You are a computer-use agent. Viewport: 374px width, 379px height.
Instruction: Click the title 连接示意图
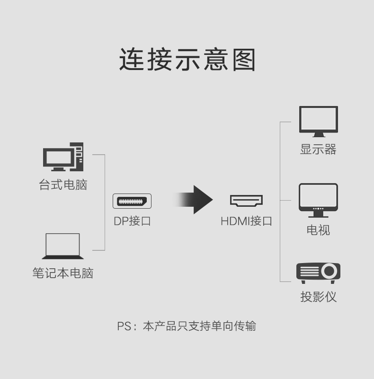(187, 60)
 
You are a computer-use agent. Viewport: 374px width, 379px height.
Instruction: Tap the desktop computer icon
(63, 157)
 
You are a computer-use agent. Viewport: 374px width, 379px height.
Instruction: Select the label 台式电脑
(63, 185)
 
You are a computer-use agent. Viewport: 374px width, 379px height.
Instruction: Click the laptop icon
(63, 247)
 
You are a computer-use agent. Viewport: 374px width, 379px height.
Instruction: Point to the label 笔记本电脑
(63, 273)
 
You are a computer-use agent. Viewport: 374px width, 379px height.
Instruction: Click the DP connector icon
(132, 201)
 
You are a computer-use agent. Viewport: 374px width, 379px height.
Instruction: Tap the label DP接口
(132, 221)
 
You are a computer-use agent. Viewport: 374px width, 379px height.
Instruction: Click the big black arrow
(194, 200)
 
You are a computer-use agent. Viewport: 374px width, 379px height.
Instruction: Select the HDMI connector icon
(246, 201)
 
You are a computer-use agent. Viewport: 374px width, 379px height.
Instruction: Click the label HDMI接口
(246, 221)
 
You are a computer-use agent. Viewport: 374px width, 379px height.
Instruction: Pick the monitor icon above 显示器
(318, 121)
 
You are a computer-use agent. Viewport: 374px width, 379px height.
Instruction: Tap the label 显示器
(318, 150)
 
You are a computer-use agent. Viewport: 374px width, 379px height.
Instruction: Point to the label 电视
(318, 230)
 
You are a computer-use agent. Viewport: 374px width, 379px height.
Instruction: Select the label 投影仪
(318, 297)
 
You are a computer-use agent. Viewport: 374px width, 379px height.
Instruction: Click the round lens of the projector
(329, 272)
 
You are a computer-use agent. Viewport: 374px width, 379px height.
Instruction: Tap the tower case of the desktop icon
(79, 156)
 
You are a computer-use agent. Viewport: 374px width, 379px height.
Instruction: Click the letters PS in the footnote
(124, 326)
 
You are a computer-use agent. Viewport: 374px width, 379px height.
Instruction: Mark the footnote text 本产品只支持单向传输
(199, 326)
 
